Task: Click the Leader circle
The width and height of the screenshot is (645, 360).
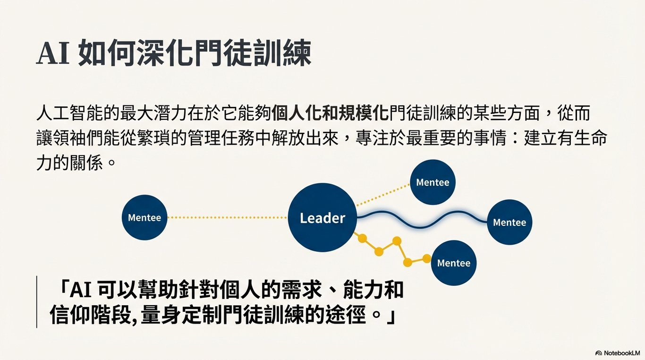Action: [x=322, y=218]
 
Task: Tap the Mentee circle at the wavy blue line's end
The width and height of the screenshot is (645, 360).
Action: [x=509, y=222]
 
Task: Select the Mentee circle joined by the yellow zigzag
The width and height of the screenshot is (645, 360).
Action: [x=454, y=263]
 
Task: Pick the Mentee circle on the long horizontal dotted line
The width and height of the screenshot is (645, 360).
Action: [x=144, y=218]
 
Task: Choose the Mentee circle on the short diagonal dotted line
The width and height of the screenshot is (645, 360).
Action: [x=433, y=182]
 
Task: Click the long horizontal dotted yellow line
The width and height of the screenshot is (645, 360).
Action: [x=227, y=218]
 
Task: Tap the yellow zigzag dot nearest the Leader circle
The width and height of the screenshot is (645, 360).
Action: [x=362, y=238]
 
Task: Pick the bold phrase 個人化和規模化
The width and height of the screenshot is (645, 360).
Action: [x=331, y=114]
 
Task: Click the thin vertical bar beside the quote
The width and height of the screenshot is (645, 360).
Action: [x=37, y=302]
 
